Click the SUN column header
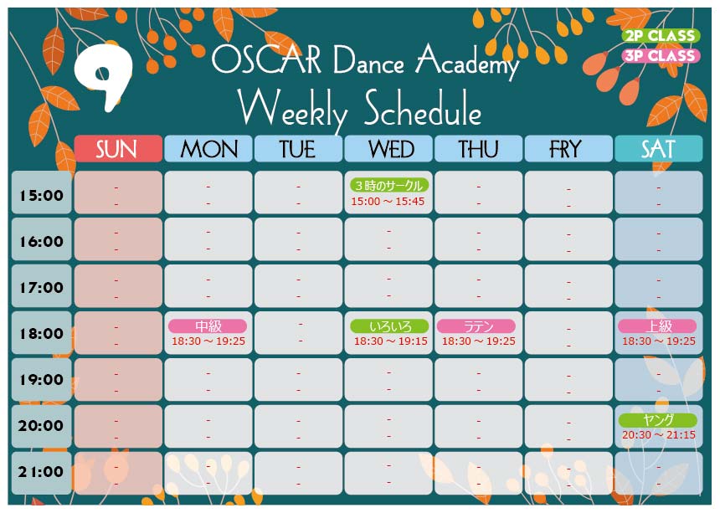(x=118, y=149)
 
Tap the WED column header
(x=388, y=149)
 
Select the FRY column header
(x=568, y=149)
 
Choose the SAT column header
(x=659, y=149)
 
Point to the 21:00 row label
(x=41, y=473)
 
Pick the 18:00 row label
(x=41, y=333)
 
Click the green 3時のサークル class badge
(x=389, y=186)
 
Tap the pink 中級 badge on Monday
(x=208, y=326)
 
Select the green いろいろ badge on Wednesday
(x=389, y=326)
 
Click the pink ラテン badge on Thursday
(x=476, y=326)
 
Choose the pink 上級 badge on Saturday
(x=657, y=326)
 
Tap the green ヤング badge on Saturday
(x=657, y=419)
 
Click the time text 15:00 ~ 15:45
(x=388, y=202)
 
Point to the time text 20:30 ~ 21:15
(x=659, y=435)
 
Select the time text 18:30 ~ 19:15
(x=391, y=341)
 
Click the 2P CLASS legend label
(x=661, y=35)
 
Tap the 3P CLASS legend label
(x=661, y=55)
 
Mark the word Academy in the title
(x=467, y=62)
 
